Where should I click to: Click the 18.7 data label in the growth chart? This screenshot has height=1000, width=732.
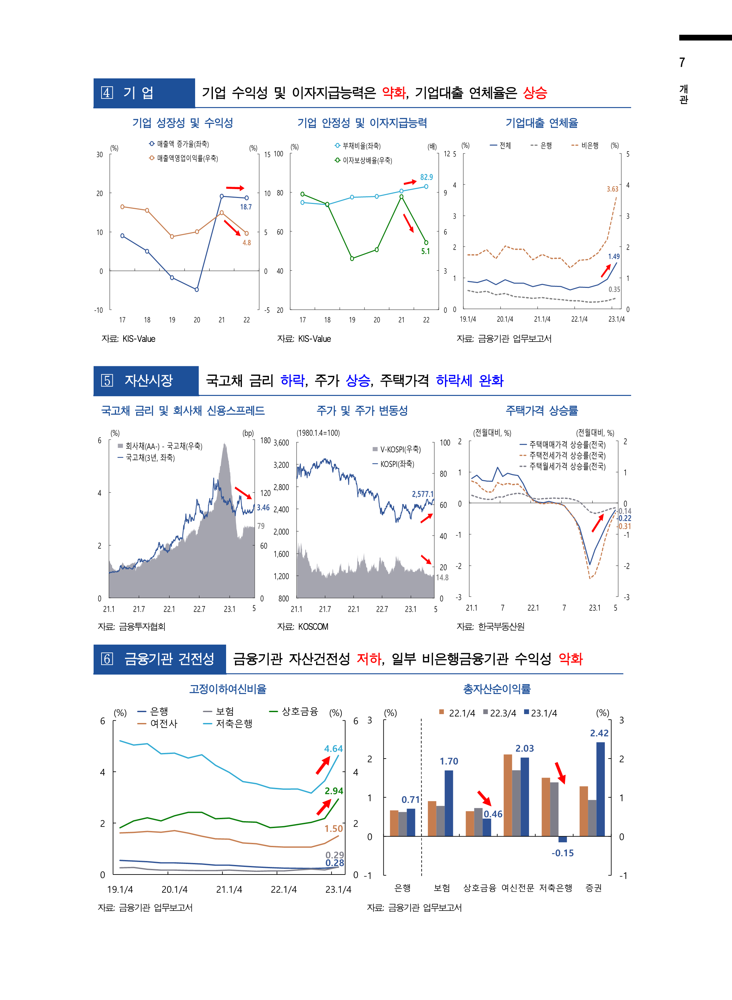[246, 207]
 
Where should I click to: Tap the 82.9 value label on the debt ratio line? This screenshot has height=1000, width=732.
[426, 177]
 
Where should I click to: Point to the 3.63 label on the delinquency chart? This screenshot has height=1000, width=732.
[612, 189]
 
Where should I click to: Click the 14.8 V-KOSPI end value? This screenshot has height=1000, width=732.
[442, 577]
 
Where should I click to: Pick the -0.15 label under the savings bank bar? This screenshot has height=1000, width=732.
[562, 853]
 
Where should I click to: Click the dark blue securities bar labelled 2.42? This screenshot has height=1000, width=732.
[600, 789]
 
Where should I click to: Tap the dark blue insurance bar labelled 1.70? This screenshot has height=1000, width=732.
[449, 803]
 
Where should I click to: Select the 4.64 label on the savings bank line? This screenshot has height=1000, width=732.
[333, 748]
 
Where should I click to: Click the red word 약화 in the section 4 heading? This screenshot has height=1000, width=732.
[394, 93]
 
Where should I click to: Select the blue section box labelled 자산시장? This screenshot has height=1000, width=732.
[146, 380]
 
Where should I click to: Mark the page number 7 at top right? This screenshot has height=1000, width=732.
[682, 63]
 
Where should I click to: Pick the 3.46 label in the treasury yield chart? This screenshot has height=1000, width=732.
[263, 508]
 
